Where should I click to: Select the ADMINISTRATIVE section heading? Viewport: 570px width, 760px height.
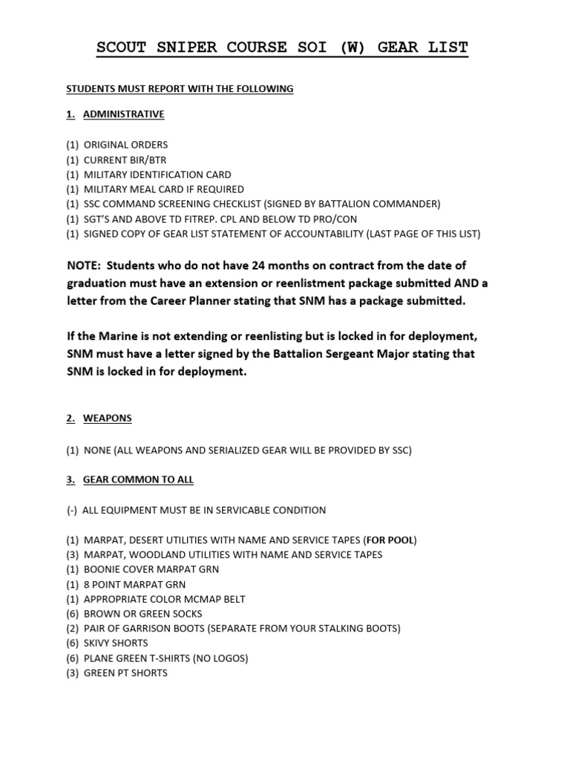tap(123, 114)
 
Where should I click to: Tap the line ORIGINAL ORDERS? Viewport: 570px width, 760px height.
tap(125, 145)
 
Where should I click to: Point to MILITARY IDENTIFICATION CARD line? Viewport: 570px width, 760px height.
tap(157, 174)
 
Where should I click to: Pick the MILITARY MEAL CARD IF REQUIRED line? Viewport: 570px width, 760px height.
tap(163, 189)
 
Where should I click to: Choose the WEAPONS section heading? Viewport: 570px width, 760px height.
tap(107, 418)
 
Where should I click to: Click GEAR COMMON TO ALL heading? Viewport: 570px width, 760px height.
tap(138, 479)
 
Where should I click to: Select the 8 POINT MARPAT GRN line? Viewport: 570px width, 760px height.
tap(134, 584)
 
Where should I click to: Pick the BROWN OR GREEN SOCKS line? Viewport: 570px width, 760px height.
tap(142, 614)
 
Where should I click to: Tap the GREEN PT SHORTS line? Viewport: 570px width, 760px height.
tap(125, 672)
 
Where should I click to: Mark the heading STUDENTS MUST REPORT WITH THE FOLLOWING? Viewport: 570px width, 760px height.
tap(180, 89)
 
